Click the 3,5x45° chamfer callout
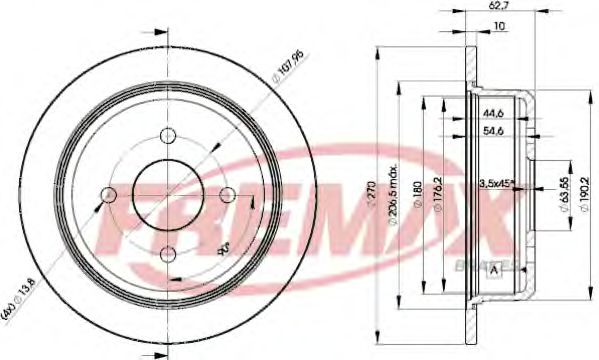(x=496, y=182)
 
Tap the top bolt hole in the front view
(x=168, y=136)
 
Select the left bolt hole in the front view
(x=109, y=194)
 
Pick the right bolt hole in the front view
(x=227, y=194)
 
